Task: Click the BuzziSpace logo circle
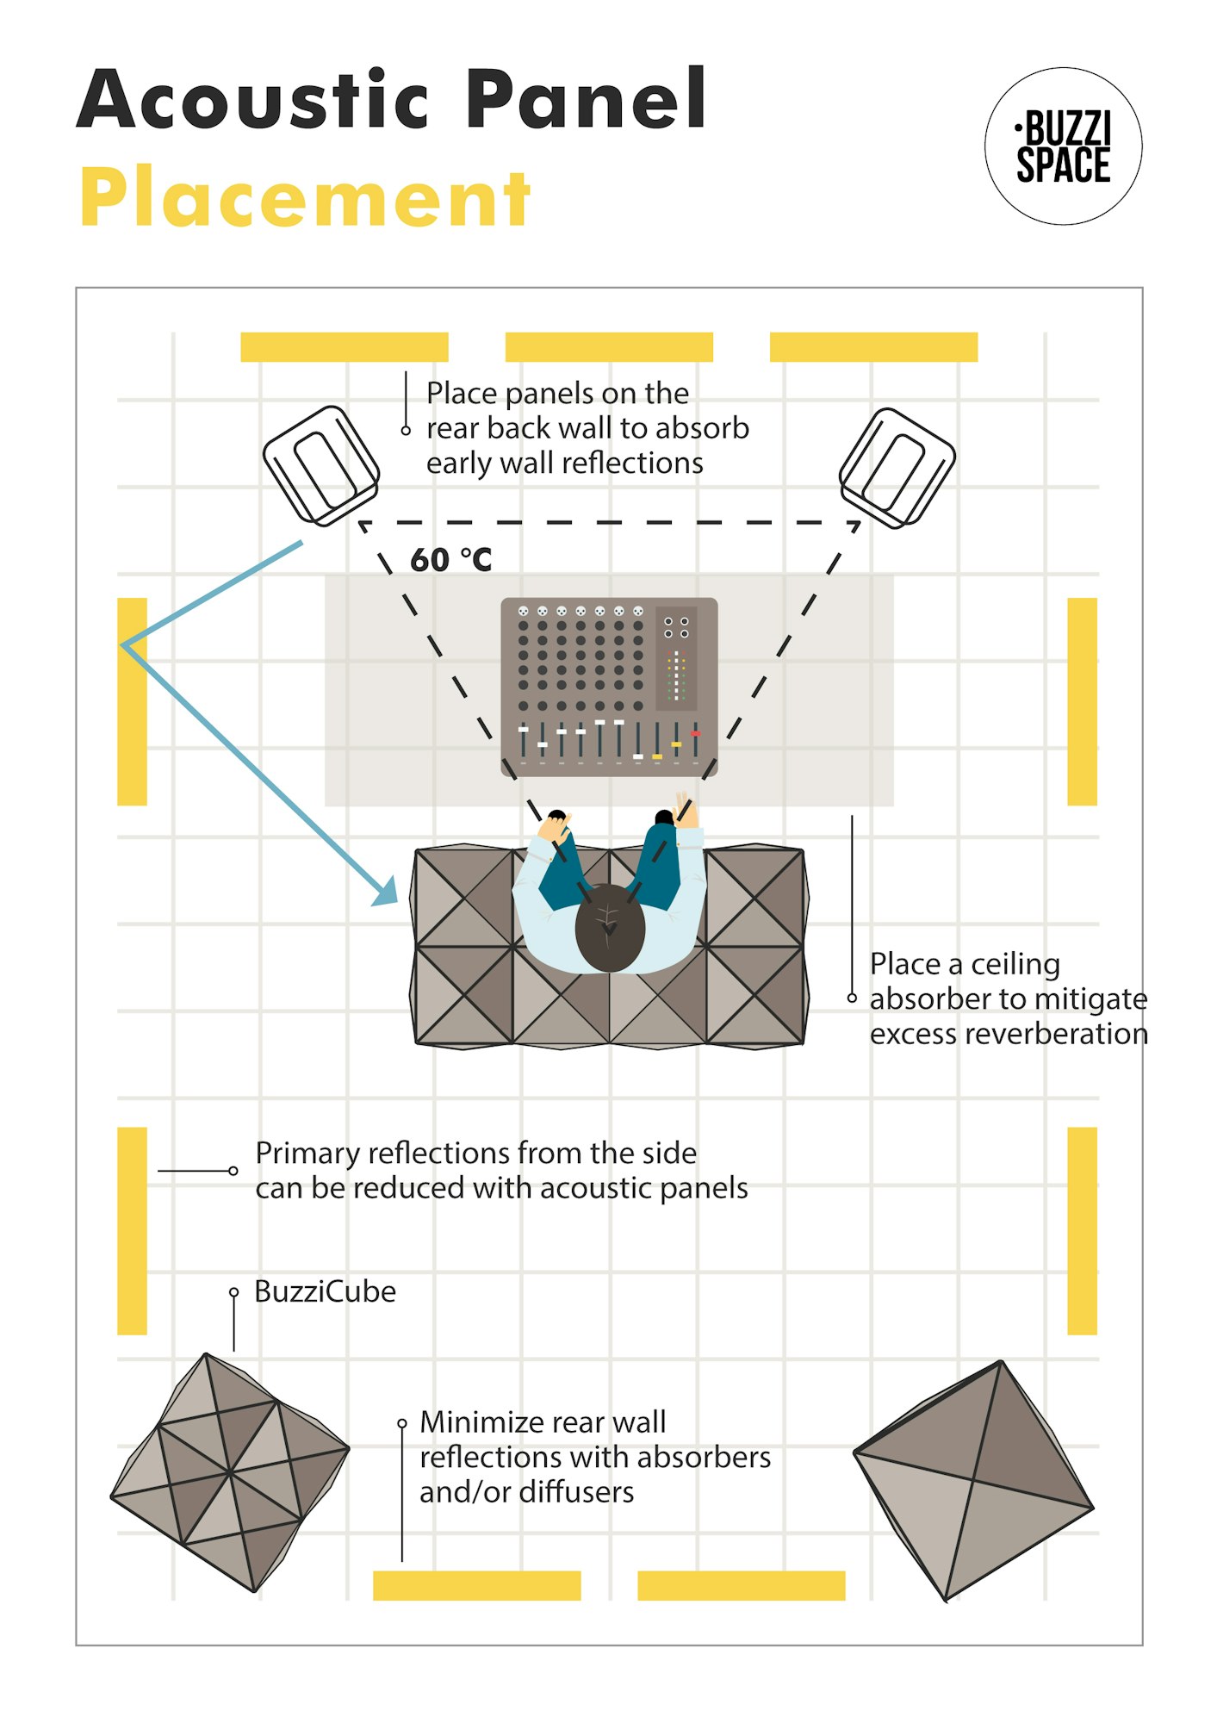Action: coord(1063,146)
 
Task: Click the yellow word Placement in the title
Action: coord(305,198)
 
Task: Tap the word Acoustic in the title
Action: coord(253,100)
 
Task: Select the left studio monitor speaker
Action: coord(321,465)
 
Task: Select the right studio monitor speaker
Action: coord(897,468)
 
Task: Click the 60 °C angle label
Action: coord(450,560)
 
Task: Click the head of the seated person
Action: coord(610,927)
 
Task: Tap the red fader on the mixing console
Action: coord(695,734)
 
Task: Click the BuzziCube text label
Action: coord(325,1291)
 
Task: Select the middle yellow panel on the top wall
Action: coord(609,347)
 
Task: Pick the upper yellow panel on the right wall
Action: coord(1082,701)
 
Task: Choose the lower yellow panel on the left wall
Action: coord(132,1230)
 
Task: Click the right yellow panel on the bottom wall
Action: coord(741,1585)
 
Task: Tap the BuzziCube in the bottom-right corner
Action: coord(974,1480)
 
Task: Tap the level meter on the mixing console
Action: coord(676,675)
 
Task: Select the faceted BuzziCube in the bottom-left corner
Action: coord(230,1471)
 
